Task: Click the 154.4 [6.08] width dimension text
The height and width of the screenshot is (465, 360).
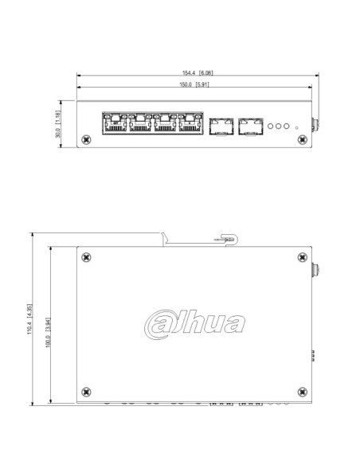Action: pyautogui.click(x=196, y=73)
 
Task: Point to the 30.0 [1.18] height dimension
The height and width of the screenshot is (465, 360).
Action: pyautogui.click(x=57, y=123)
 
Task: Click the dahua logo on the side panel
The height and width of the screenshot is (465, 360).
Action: pyautogui.click(x=195, y=323)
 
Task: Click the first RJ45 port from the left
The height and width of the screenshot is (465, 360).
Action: pyautogui.click(x=114, y=123)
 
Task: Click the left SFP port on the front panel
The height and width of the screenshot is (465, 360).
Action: pyautogui.click(x=220, y=126)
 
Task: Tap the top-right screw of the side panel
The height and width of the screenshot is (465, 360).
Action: pyautogui.click(x=300, y=256)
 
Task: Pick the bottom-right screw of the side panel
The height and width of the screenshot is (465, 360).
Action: pyautogui.click(x=300, y=390)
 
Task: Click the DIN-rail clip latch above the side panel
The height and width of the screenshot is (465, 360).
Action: pyautogui.click(x=227, y=239)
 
